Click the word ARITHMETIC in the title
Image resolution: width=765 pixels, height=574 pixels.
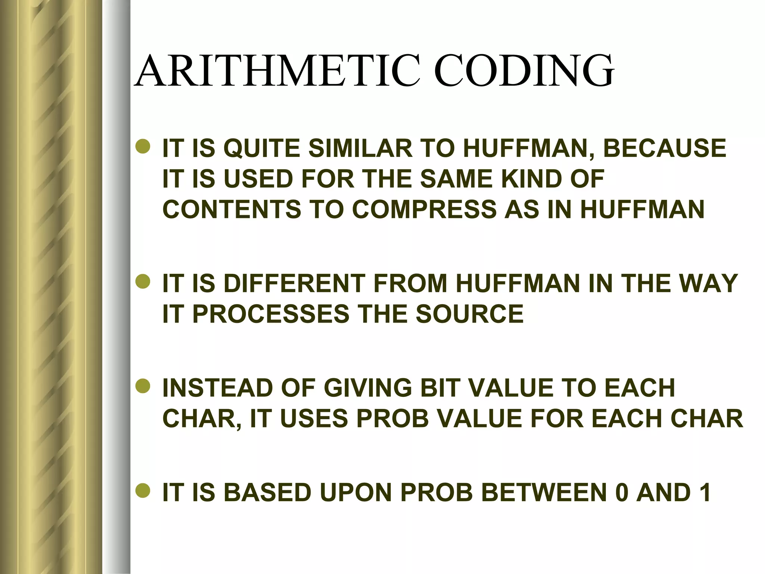(x=277, y=71)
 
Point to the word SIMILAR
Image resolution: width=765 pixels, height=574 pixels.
(x=360, y=148)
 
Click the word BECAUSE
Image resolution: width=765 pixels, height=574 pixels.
(x=665, y=148)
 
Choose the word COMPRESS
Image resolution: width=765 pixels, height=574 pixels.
(x=424, y=209)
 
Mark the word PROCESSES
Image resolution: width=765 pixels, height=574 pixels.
(x=271, y=314)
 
